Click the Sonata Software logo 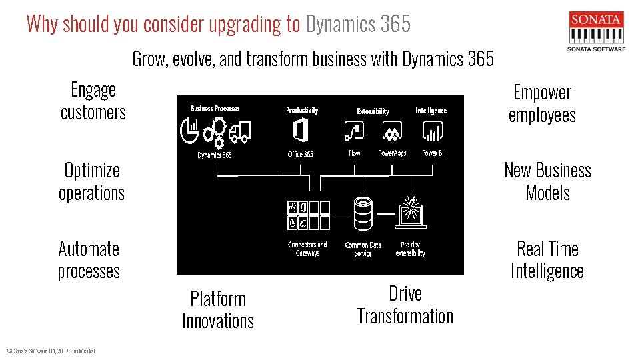coord(596,31)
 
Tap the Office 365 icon coord(300,130)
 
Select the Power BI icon coord(433,131)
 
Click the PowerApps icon coord(392,131)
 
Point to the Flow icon coord(354,131)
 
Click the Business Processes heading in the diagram coord(215,109)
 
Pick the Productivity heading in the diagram coord(302,110)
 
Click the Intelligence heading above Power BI coord(431,111)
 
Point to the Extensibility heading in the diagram coord(373,111)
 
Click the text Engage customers coord(93,101)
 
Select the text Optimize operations coord(92,181)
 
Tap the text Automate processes coord(89,260)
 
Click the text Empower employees coord(542,104)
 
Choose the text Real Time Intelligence coord(547,260)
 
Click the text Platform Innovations coord(218,309)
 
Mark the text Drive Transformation coord(405,305)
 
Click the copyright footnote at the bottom coord(51,351)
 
